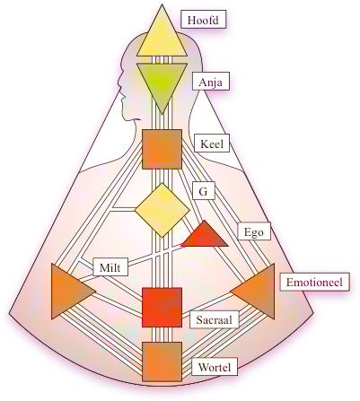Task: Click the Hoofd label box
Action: point(204,20)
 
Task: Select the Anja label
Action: point(211,81)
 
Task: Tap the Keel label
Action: point(212,144)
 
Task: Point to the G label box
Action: point(203,191)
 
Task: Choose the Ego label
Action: point(254,231)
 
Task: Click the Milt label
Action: point(110,266)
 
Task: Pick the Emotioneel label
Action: point(314,282)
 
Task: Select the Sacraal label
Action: point(215,319)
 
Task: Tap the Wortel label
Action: point(215,367)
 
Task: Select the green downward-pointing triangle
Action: point(162,83)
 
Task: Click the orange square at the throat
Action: point(162,149)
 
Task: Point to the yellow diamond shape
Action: point(162,210)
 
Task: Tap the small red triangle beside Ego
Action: point(205,237)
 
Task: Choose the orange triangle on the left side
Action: point(69,291)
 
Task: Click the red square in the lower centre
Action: point(162,307)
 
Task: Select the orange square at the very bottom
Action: point(162,362)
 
